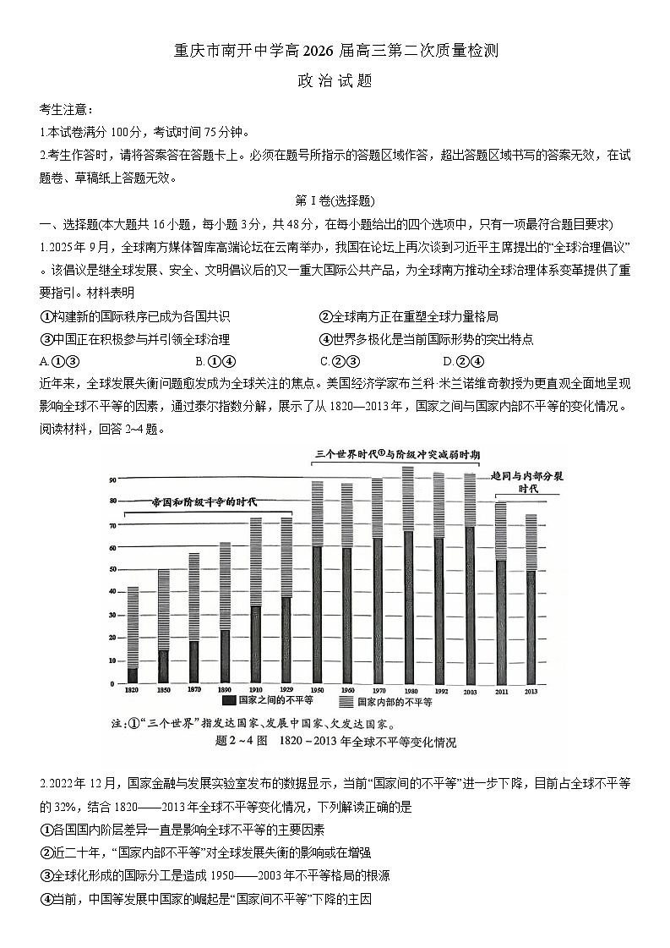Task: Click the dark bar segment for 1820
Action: click(133, 675)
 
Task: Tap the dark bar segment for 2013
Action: click(531, 627)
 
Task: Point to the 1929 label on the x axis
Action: click(286, 691)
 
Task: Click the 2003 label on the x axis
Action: click(471, 691)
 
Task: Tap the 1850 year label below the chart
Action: click(163, 691)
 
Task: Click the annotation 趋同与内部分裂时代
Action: click(527, 482)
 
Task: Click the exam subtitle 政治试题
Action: click(335, 82)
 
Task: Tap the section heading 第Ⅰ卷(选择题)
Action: click(335, 200)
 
